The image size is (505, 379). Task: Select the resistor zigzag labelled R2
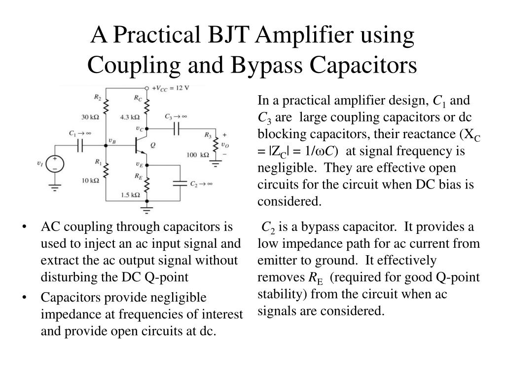106,106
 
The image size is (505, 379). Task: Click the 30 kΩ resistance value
91,117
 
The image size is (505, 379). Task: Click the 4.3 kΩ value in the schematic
130,117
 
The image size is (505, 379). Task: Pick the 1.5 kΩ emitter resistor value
130,194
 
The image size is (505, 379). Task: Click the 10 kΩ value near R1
91,181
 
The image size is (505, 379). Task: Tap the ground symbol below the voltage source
54,187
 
